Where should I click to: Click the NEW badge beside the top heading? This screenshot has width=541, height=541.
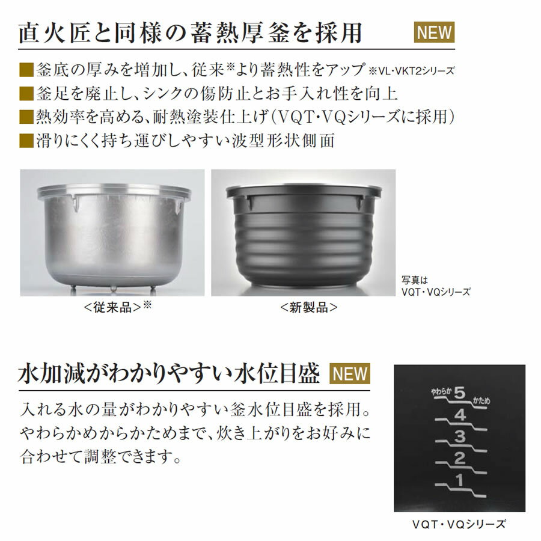(x=435, y=32)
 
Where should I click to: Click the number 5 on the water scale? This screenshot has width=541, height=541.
(x=460, y=394)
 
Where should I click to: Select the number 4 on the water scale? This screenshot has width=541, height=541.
(x=460, y=415)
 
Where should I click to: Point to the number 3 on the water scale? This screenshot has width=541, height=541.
(x=460, y=436)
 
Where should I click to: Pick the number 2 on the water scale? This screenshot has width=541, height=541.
(x=460, y=460)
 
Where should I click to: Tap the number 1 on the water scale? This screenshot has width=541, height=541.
(x=460, y=481)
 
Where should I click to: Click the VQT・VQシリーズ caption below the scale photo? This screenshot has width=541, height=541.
(x=459, y=524)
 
